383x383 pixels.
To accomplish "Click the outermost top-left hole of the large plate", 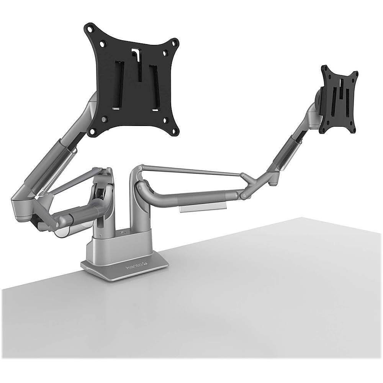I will [x=90, y=28].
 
